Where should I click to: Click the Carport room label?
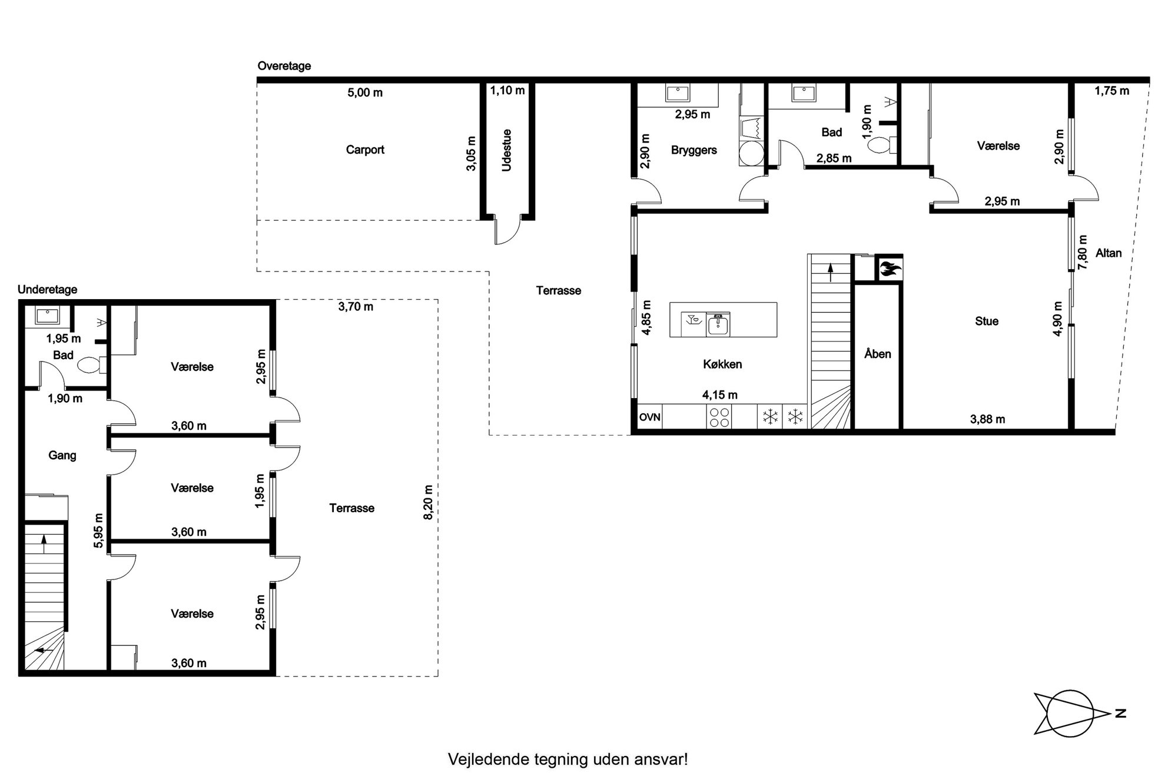(x=365, y=150)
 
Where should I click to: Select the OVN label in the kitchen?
(x=650, y=417)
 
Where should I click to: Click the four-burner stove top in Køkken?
(x=719, y=417)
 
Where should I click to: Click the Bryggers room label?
(x=694, y=150)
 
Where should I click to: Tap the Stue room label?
(x=987, y=321)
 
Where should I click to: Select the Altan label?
(x=1109, y=253)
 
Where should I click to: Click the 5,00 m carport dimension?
(x=365, y=92)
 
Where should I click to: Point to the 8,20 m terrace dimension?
(x=429, y=502)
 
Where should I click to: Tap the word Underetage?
(x=47, y=290)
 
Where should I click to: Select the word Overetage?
(x=284, y=66)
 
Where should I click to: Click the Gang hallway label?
(x=62, y=455)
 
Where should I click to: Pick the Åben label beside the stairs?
(x=877, y=353)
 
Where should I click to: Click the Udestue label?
(x=506, y=150)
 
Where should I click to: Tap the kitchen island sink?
(x=718, y=324)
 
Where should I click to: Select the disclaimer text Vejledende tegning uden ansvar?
(x=568, y=759)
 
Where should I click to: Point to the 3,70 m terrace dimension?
(x=356, y=307)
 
